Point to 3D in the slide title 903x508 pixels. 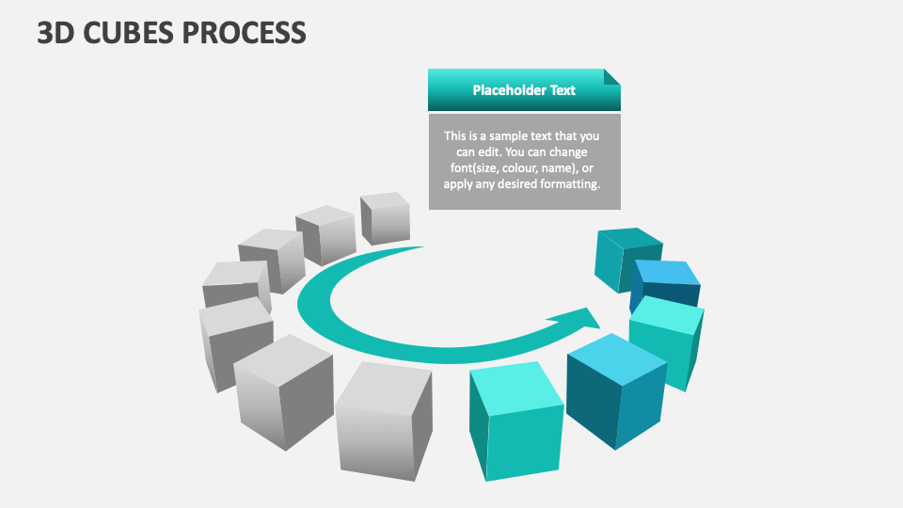click(57, 33)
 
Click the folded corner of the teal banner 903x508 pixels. click(612, 76)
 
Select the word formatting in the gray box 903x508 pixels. click(567, 184)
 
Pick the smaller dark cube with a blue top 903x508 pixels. click(666, 282)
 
